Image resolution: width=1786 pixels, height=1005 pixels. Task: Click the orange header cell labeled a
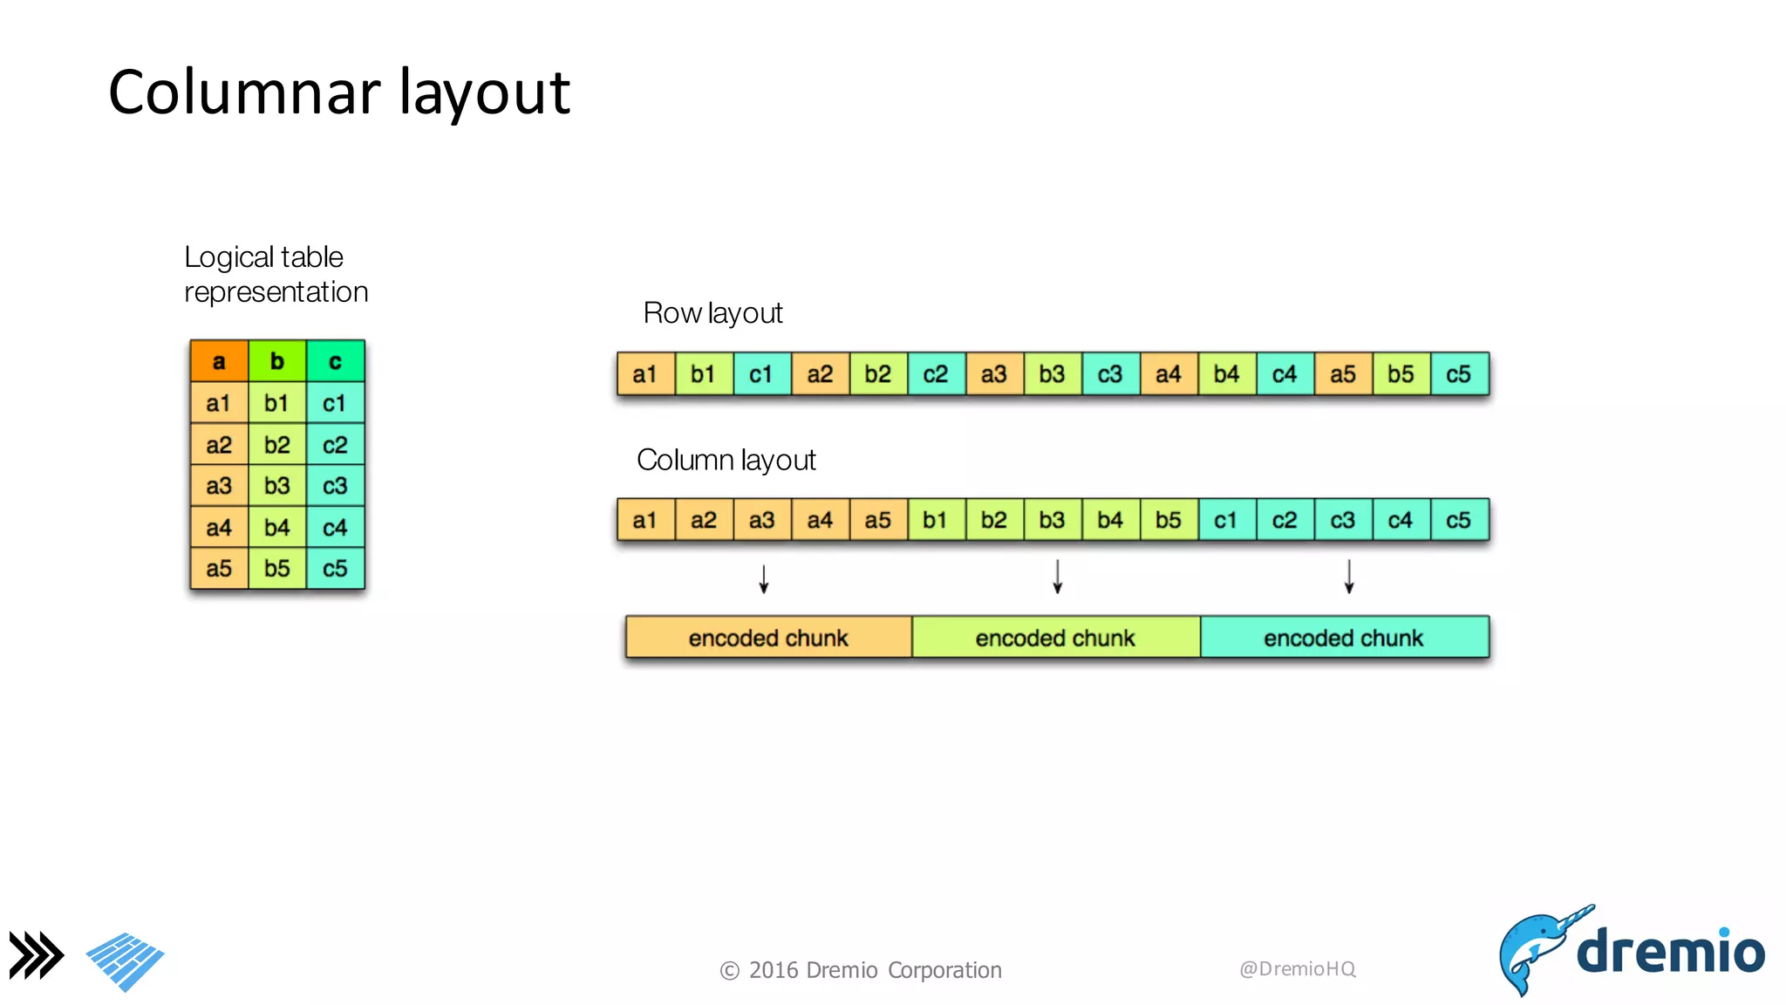pyautogui.click(x=219, y=361)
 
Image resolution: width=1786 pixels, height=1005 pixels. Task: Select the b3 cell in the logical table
pyautogui.click(x=277, y=486)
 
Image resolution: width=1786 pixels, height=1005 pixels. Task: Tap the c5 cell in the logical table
pyautogui.click(x=335, y=569)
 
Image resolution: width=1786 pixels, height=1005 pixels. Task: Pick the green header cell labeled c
pyautogui.click(x=335, y=361)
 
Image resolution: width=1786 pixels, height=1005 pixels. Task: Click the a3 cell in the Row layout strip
pyautogui.click(x=994, y=374)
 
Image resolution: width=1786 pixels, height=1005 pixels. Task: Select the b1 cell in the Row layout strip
pyautogui.click(x=703, y=374)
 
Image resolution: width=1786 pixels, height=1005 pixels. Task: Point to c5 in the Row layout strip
pyautogui.click(x=1459, y=374)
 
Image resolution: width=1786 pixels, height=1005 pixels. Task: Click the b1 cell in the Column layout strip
pyautogui.click(x=936, y=520)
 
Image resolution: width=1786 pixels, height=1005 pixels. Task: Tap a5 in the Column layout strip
pyautogui.click(x=878, y=520)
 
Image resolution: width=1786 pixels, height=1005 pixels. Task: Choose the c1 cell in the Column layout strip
pyautogui.click(x=1226, y=520)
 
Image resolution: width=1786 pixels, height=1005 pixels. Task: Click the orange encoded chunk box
pyautogui.click(x=768, y=638)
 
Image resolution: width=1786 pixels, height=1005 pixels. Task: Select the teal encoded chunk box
pyautogui.click(x=1344, y=638)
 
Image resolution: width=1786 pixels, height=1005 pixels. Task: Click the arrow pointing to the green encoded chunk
pyautogui.click(x=1057, y=578)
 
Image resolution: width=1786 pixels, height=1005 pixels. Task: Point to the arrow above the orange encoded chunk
pyautogui.click(x=764, y=579)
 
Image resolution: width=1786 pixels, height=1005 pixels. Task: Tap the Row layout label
pyautogui.click(x=712, y=313)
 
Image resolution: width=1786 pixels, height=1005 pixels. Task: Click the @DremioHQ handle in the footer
pyautogui.click(x=1297, y=969)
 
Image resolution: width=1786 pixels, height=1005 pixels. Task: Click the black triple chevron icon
pyautogui.click(x=37, y=955)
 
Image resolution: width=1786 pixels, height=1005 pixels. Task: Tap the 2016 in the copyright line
pyautogui.click(x=774, y=970)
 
